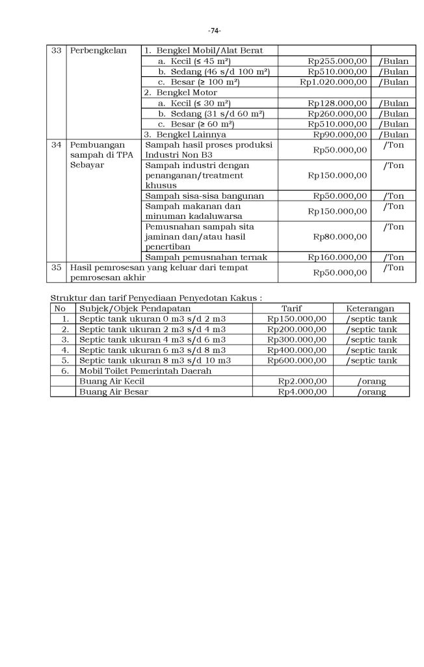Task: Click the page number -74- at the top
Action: [x=214, y=31]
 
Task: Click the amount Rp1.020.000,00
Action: [x=334, y=82]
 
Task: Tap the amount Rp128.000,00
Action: [x=338, y=103]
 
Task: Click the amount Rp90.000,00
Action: [x=340, y=134]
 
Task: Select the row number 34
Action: [x=57, y=145]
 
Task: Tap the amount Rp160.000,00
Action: [x=338, y=257]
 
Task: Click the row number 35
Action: [x=57, y=268]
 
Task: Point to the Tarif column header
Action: [x=291, y=308]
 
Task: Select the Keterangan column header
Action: [x=371, y=308]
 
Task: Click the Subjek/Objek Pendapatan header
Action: [x=126, y=308]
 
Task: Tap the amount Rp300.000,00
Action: [x=297, y=339]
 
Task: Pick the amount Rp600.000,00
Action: [x=297, y=360]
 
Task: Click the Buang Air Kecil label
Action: [x=111, y=381]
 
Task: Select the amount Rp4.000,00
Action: [x=302, y=391]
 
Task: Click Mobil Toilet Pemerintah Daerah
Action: [x=145, y=371]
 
